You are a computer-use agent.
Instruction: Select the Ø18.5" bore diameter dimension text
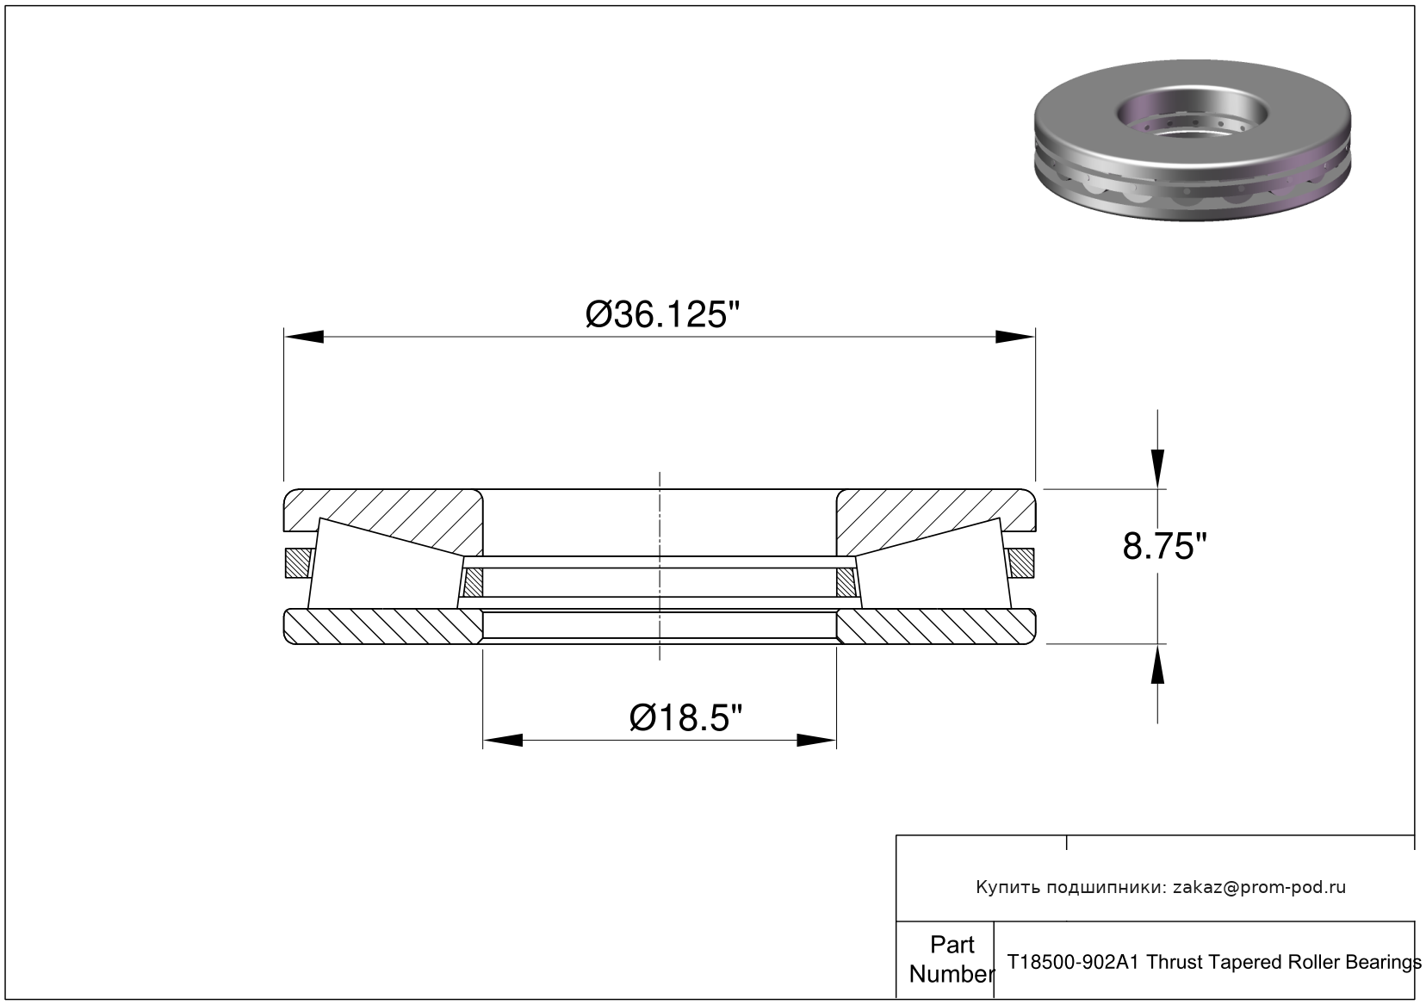685,717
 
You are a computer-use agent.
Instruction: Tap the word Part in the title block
952,945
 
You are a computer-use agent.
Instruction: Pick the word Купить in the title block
1006,888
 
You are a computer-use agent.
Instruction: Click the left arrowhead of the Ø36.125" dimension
303,336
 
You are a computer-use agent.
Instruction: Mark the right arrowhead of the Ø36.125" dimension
1015,336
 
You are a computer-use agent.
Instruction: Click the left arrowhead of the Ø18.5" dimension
503,740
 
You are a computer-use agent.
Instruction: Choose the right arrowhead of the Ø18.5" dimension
816,740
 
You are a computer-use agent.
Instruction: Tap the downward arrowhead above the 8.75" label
1158,468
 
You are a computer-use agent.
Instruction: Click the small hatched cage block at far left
294,563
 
